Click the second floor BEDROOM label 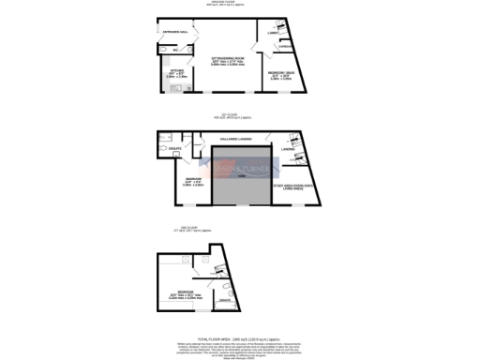[187, 292]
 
